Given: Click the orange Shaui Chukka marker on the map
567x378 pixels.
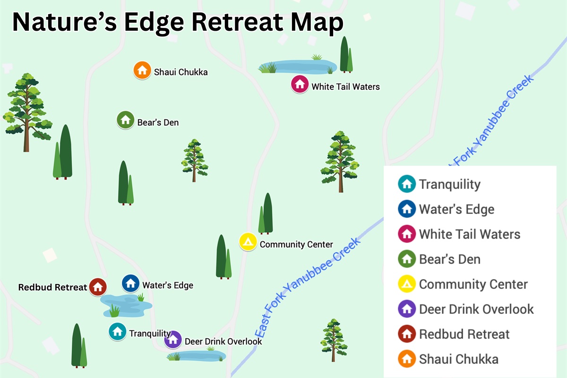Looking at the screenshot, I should [142, 70].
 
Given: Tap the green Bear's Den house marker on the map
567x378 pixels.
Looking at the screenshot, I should [125, 120].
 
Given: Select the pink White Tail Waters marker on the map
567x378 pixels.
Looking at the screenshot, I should [300, 84].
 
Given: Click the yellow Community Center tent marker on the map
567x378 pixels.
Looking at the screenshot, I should [248, 241].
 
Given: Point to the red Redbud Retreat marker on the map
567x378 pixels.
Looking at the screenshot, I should [98, 286].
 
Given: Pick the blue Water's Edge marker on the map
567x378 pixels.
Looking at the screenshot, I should [130, 283].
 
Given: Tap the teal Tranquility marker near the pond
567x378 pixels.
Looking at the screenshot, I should [117, 331].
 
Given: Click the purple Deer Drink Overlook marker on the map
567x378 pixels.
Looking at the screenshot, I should [173, 339].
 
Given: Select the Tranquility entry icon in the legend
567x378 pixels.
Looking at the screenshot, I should [406, 184].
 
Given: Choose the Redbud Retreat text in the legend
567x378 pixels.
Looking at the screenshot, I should [464, 334].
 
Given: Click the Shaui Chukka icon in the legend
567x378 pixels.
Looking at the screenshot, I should [406, 359].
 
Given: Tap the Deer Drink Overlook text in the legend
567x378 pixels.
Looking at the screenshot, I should [476, 309].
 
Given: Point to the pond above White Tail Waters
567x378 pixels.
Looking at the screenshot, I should [298, 66].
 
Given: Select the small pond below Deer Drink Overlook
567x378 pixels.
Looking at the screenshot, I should [197, 355].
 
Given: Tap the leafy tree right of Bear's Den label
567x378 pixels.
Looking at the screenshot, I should [195, 160].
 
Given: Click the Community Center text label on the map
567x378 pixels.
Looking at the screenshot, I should [296, 244].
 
